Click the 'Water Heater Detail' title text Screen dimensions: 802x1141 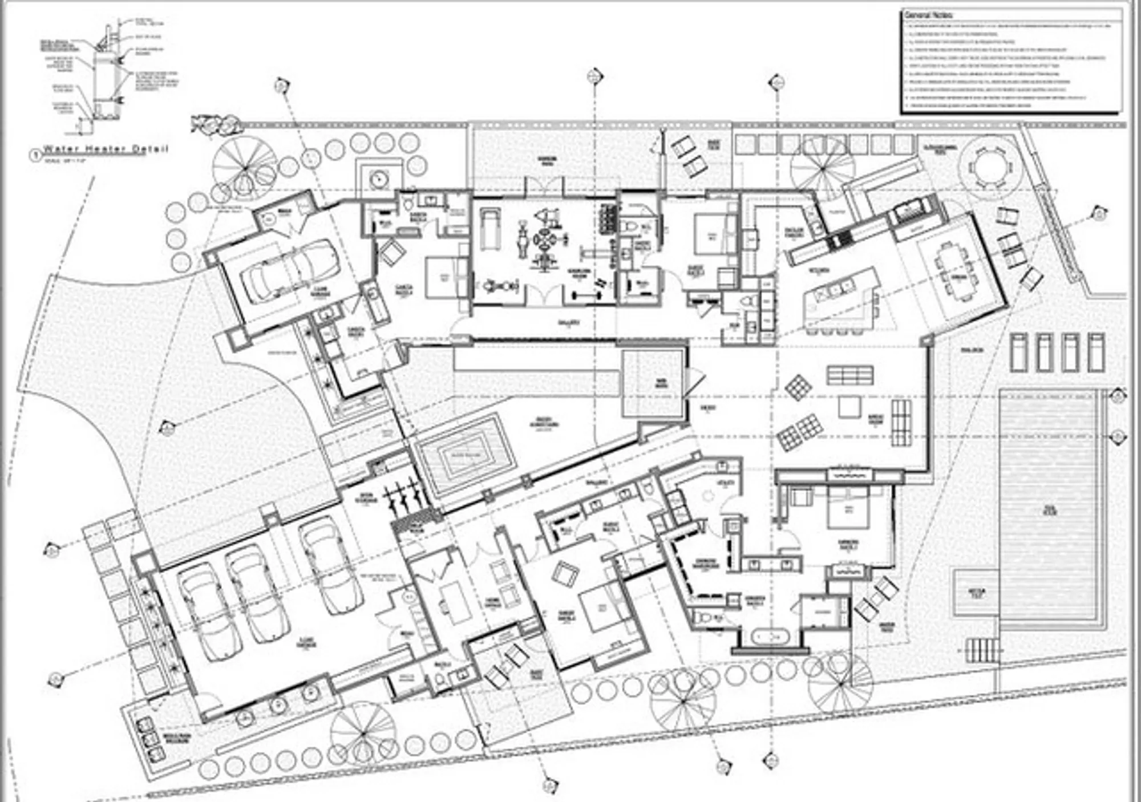coord(106,149)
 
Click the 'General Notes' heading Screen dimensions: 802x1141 coord(928,15)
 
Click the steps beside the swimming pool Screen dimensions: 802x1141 coord(984,650)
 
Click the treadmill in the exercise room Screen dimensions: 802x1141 coord(489,228)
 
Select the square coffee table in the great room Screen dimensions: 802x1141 coord(849,407)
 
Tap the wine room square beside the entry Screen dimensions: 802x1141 coord(652,383)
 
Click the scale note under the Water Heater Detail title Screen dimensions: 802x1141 coord(66,160)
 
